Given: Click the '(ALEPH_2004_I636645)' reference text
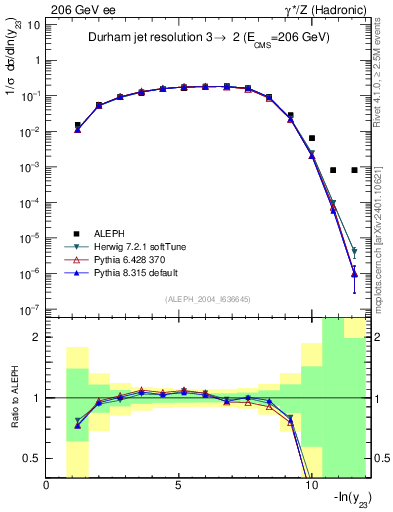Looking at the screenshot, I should tap(208, 299).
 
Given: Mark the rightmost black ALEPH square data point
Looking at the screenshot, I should tap(354, 170).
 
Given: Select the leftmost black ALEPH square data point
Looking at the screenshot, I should tap(78, 126).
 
